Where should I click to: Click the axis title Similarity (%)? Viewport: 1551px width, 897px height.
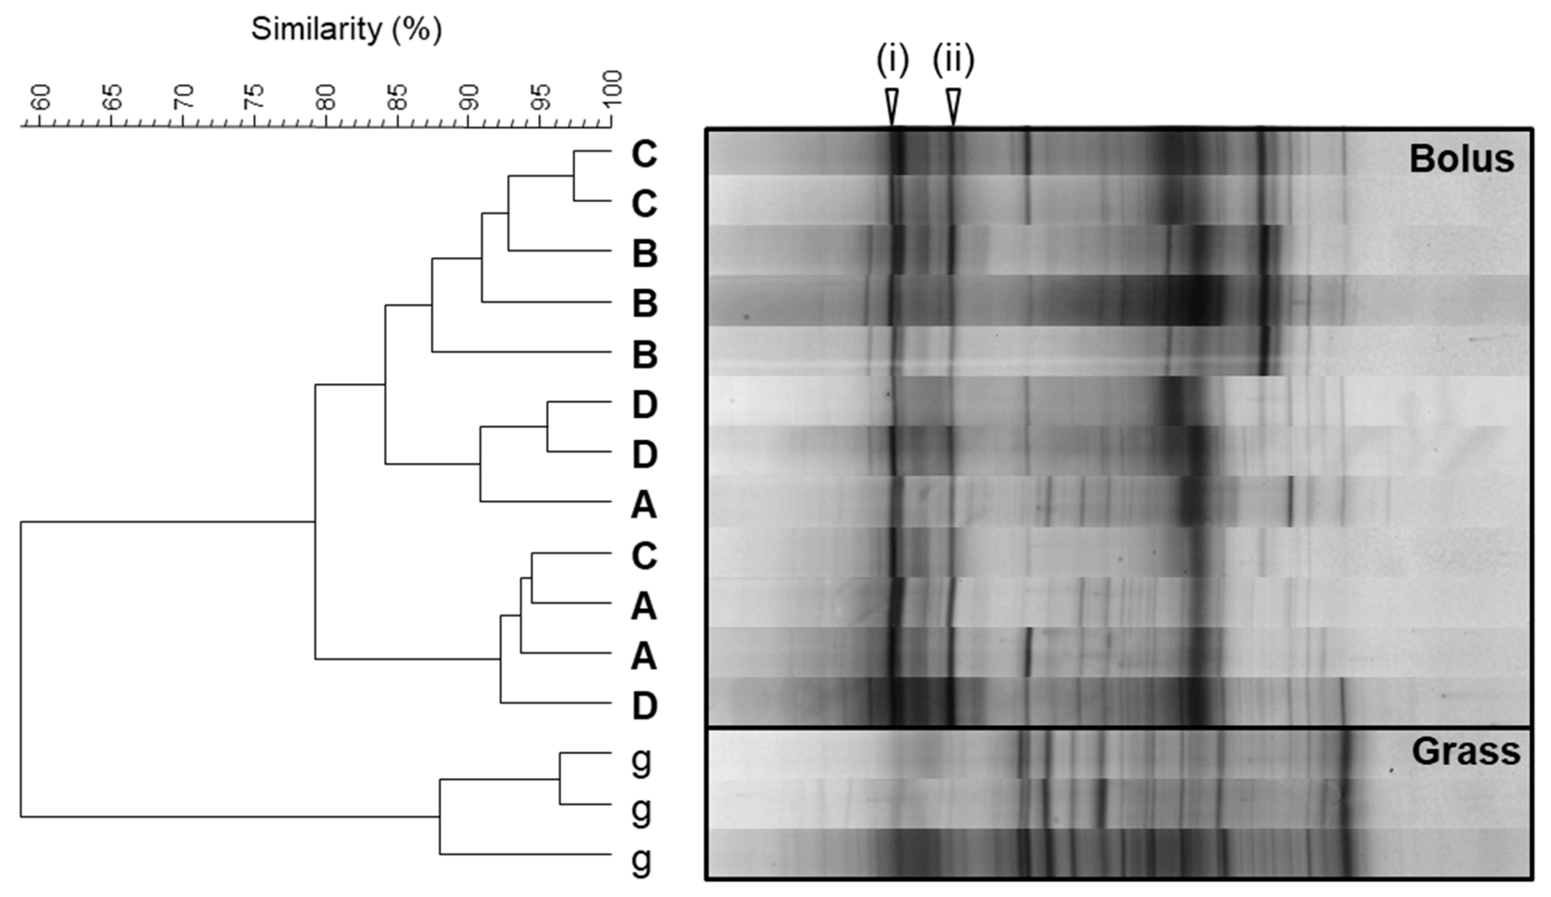pyautogui.click(x=347, y=29)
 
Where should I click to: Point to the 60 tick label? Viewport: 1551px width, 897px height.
pyautogui.click(x=41, y=97)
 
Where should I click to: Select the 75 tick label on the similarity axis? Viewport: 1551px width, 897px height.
pyautogui.click(x=254, y=97)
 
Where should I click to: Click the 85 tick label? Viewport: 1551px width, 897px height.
pyautogui.click(x=397, y=97)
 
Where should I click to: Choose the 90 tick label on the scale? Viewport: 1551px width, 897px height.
pyautogui.click(x=469, y=97)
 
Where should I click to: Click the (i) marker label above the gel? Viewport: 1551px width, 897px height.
pyautogui.click(x=892, y=61)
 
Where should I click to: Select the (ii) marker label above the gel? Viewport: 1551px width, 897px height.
pyautogui.click(x=953, y=61)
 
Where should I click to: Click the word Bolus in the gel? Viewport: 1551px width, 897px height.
pyautogui.click(x=1461, y=159)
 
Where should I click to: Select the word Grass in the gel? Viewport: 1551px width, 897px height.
pyautogui.click(x=1466, y=752)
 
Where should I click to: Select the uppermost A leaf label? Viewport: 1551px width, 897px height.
pyautogui.click(x=644, y=505)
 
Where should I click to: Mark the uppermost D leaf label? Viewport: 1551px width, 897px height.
pyautogui.click(x=644, y=404)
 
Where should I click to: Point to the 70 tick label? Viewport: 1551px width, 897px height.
pyautogui.click(x=183, y=97)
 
